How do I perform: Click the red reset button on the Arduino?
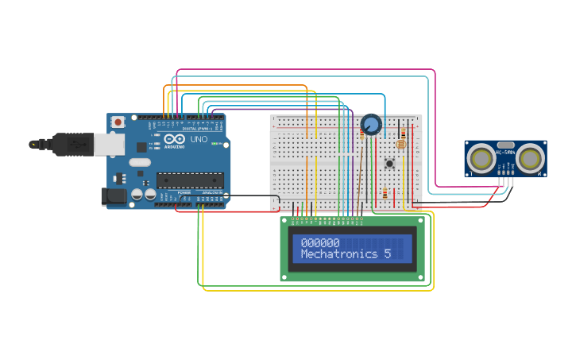pos(118,122)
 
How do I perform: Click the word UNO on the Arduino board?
pos(199,140)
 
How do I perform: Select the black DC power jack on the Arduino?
pos(114,196)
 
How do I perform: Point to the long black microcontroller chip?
pos(190,180)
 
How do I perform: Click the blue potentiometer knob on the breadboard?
pos(371,125)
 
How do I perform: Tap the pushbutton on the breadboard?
pos(389,164)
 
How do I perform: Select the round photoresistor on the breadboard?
pos(400,145)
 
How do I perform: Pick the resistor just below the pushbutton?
pos(385,193)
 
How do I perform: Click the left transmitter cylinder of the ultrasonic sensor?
pos(481,158)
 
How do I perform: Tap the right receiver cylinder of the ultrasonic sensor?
pos(529,158)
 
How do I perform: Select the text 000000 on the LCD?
pos(320,243)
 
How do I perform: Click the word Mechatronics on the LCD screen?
pos(340,254)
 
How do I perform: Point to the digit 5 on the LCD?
pos(388,254)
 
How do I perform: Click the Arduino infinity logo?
pos(176,140)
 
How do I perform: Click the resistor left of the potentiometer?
pos(362,136)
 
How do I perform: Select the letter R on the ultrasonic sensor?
pos(539,173)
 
